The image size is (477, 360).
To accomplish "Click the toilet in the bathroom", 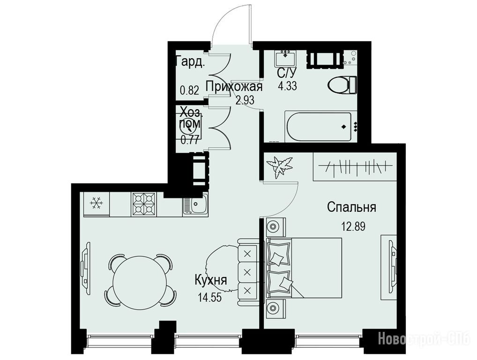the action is coord(343,85).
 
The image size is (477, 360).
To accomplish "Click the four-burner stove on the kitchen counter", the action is coord(143,204).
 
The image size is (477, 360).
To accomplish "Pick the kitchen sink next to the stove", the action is coord(195,205).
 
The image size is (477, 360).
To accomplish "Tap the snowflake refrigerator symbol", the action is coord(97,203).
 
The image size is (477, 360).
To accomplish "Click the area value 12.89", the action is coord(353,226).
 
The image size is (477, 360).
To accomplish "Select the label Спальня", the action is coord(351,208).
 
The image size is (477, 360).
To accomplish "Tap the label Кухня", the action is coord(210,280).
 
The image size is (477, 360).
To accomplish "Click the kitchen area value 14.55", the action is coord(209,297).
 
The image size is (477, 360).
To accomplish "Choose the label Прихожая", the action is coord(234,87).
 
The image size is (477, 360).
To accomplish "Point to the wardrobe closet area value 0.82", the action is coord(189,90).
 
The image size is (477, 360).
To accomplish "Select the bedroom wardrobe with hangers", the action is coord(355,167).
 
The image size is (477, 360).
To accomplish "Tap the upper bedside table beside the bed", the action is coord(276,227).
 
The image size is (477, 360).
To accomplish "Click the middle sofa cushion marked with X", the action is coord(247,272).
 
